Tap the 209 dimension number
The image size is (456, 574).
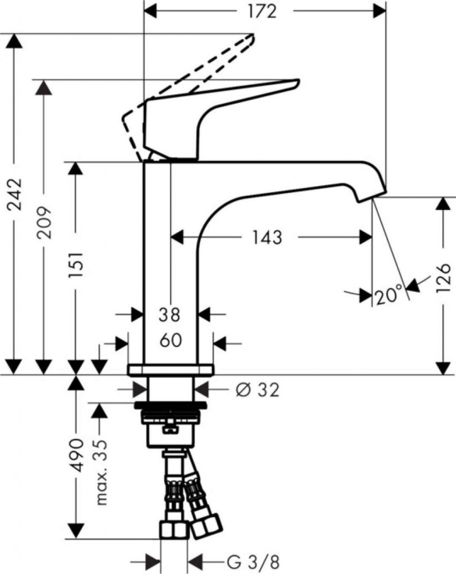pyautogui.click(x=45, y=222)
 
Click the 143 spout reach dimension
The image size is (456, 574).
pyautogui.click(x=267, y=237)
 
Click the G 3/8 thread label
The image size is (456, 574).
pyautogui.click(x=253, y=561)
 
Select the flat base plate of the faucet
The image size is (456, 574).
pyautogui.click(x=171, y=369)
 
